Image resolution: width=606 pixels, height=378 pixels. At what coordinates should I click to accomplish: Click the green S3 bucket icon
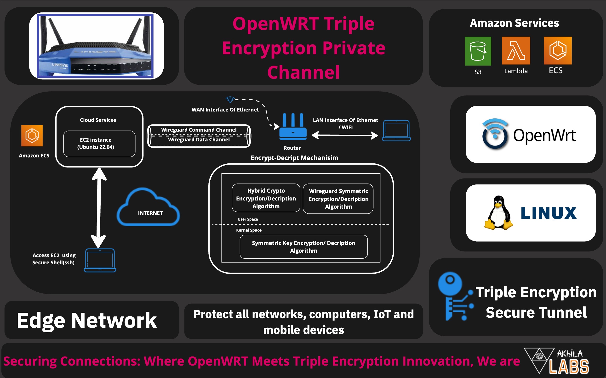(x=478, y=51)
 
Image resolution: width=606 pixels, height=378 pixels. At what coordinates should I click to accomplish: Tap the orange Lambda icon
(x=516, y=51)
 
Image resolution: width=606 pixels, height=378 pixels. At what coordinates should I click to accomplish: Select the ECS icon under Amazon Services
(x=558, y=50)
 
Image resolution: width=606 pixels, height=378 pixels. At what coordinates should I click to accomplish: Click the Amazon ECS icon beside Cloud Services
(x=32, y=135)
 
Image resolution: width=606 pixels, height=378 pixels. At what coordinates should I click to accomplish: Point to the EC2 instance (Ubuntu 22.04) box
(x=99, y=144)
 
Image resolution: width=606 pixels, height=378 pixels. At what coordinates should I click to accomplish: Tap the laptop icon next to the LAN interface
(x=396, y=130)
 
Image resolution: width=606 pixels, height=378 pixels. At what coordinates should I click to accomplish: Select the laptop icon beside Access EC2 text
(x=100, y=260)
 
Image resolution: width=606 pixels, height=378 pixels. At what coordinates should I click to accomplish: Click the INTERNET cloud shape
(x=148, y=207)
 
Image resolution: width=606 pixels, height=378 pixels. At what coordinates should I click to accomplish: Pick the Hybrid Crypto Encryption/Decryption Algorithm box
(x=266, y=198)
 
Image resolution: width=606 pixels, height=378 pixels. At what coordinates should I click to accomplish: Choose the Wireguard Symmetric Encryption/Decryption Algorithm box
(x=338, y=199)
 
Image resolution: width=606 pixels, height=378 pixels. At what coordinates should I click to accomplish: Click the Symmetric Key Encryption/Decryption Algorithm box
(x=303, y=247)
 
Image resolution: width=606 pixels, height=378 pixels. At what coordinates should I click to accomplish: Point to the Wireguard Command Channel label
(x=199, y=130)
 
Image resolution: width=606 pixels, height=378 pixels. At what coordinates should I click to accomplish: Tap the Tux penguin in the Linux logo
(x=498, y=213)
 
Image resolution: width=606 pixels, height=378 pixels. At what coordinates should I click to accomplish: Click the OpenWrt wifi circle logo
(x=495, y=134)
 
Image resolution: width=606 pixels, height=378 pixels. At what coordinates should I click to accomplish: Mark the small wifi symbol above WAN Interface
(x=230, y=100)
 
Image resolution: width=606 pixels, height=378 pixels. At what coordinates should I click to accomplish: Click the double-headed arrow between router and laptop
(x=345, y=135)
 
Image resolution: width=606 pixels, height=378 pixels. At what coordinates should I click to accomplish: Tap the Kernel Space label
(x=249, y=230)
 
